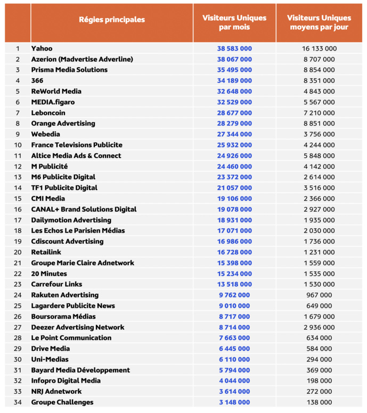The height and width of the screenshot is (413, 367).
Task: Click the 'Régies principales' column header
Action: pos(111,20)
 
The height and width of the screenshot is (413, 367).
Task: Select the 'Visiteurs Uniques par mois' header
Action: pos(234,22)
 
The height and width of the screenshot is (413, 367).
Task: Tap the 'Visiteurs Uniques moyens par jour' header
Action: pos(319,22)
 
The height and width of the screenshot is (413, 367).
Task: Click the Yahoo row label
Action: pos(42,48)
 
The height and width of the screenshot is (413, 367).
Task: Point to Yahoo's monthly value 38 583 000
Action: pos(234,48)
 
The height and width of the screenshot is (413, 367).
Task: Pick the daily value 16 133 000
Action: pos(319,48)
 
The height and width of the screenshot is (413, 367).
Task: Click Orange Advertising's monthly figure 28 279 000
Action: pos(234,123)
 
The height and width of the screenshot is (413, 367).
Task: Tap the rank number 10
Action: pos(18,145)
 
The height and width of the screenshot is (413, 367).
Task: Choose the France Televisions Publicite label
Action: pos(77,145)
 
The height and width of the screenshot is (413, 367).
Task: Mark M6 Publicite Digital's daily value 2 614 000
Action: pos(319,177)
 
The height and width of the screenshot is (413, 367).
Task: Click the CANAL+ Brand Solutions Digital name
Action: pos(84,209)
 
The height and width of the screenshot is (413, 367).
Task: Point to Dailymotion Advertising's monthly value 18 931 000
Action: pos(234,220)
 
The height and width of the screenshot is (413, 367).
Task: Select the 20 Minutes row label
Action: pos(49,274)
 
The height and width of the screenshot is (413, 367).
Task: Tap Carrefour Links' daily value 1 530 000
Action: pos(319,284)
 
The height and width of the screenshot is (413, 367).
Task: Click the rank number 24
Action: pos(18,295)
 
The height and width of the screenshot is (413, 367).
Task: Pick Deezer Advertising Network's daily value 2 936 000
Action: pos(319,327)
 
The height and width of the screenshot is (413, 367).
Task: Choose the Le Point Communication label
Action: pos(71,338)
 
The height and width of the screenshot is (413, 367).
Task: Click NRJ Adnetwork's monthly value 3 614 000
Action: pos(234,392)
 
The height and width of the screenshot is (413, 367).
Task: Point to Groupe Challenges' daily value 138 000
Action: pos(319,402)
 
